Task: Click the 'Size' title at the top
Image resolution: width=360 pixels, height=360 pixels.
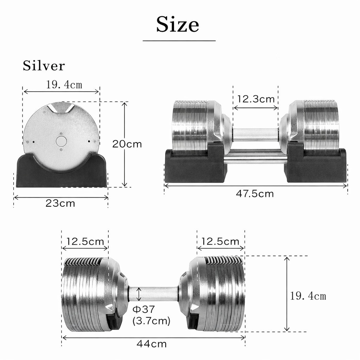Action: [x=178, y=24]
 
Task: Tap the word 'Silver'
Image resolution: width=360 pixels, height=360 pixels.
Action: [x=44, y=66]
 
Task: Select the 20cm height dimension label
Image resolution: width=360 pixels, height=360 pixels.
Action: [x=127, y=144]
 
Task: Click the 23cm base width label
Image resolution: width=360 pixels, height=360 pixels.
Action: [x=60, y=204]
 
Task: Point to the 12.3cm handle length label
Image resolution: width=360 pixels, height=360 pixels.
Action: [x=256, y=99]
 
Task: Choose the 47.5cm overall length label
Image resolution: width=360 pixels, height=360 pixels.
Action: [x=255, y=194]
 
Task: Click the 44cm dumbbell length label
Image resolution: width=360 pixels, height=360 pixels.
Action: [x=152, y=344]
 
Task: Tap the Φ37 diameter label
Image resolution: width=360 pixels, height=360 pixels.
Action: [x=144, y=309]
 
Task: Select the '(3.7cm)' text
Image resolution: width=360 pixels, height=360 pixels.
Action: [x=151, y=321]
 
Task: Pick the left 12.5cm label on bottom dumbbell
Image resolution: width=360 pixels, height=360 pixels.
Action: [x=85, y=242]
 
